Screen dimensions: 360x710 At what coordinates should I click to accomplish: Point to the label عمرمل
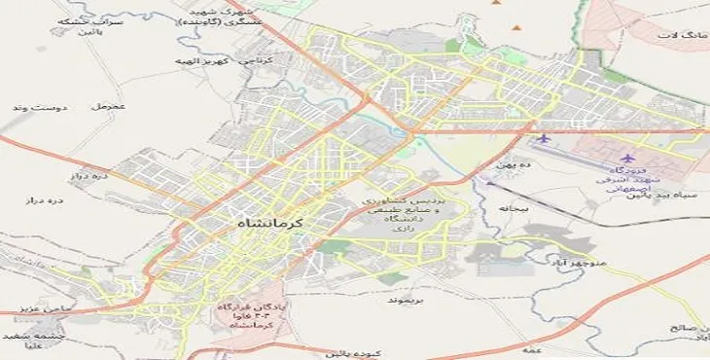tap(103, 104)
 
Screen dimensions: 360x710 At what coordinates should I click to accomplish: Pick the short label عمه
tap(531, 347)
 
